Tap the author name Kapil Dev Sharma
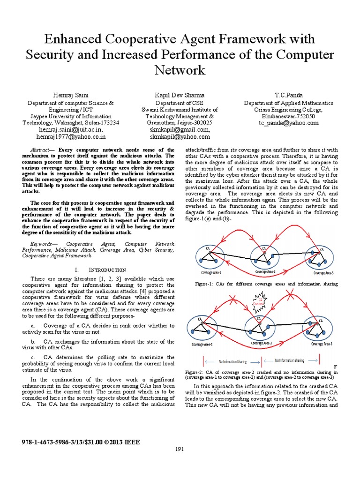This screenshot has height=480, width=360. (180, 95)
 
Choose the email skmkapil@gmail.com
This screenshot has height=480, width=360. (180, 130)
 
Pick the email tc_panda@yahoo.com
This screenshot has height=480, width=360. (289, 123)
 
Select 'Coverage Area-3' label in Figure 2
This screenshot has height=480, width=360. (320, 344)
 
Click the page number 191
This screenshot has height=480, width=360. (180, 450)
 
